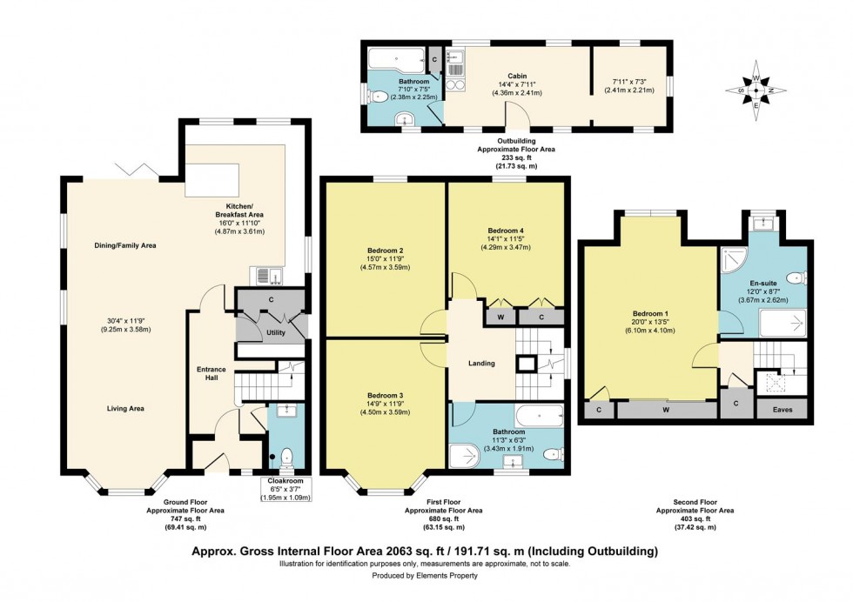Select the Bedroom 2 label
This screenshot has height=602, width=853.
point(384,250)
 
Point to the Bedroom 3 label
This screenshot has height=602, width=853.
point(384,395)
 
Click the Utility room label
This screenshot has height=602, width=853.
point(275,332)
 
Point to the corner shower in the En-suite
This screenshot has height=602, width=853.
point(735,262)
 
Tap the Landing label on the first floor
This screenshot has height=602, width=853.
point(481,364)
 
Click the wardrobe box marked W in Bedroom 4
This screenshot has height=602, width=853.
point(500,317)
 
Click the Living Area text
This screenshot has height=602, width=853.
point(124,408)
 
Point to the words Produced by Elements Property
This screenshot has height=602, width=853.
point(426,576)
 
